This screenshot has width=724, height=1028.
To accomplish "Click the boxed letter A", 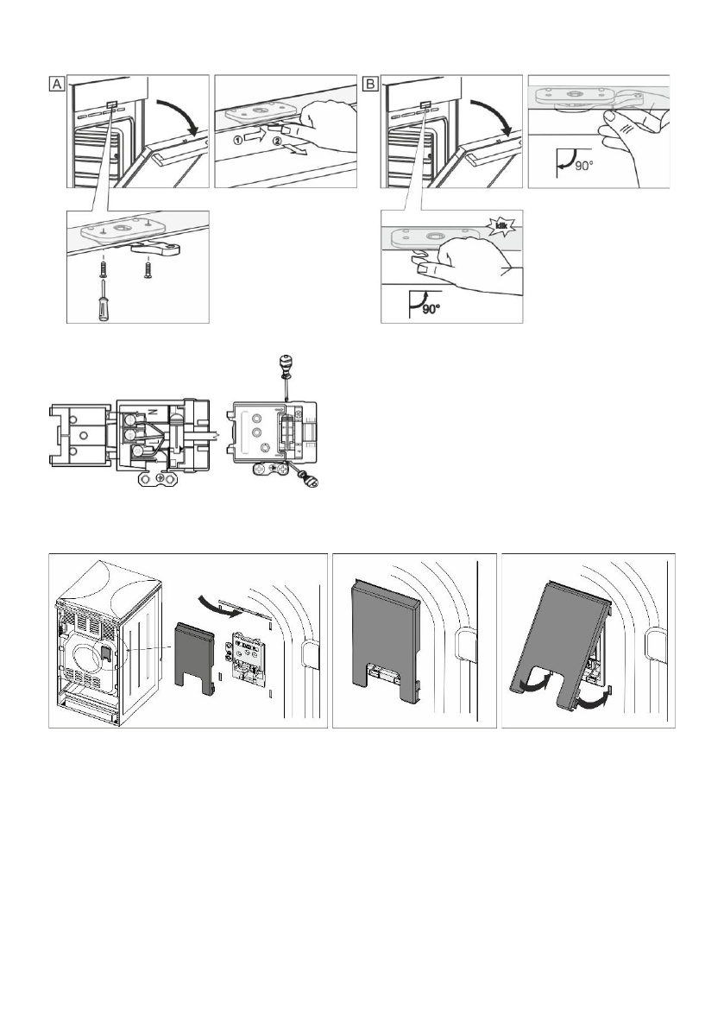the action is [54, 85].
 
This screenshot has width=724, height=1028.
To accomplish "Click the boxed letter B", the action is [371, 85].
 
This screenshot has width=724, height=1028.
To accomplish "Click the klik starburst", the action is [501, 228].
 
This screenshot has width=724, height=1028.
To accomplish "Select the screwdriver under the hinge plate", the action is [102, 298].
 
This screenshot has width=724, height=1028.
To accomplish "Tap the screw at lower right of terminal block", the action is [308, 481].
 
